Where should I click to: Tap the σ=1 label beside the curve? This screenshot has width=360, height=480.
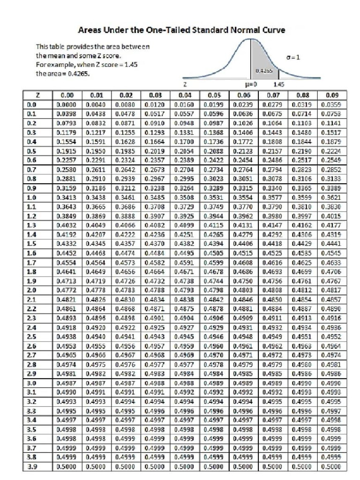pyautogui.click(x=293, y=57)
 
